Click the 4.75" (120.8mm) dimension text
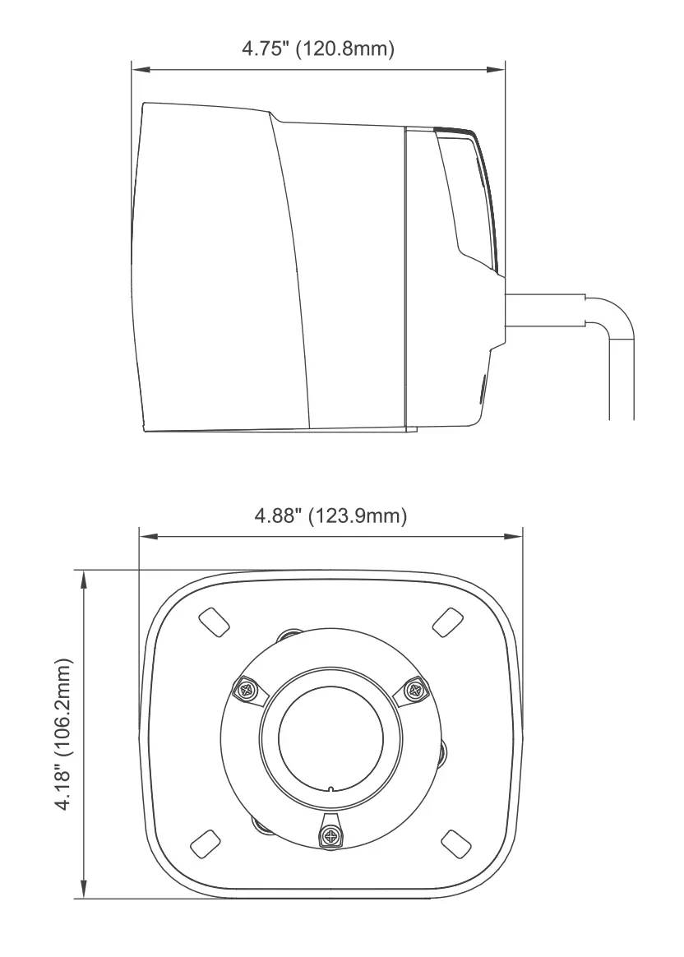[318, 49]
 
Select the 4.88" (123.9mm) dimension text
[330, 515]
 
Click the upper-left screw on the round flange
[248, 691]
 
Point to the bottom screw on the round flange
[331, 834]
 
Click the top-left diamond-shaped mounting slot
[215, 622]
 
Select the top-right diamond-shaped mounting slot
[448, 622]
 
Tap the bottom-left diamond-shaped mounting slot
[205, 844]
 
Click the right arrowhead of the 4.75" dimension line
[497, 70]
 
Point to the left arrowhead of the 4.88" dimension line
[148, 537]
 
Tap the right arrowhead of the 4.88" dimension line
[514, 537]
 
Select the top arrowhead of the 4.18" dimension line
[84, 579]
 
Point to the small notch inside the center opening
[330, 788]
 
